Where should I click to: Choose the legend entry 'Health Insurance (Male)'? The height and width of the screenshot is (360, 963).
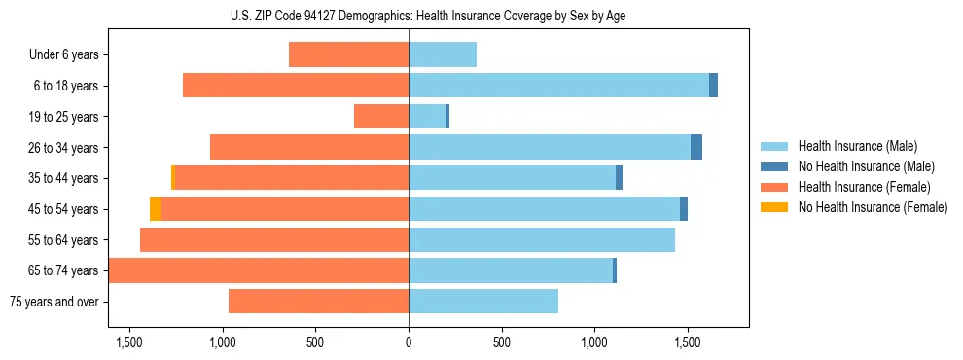[857, 146]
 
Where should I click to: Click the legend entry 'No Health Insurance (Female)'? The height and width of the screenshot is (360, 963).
[873, 207]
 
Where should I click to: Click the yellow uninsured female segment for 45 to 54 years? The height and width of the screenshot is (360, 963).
[155, 209]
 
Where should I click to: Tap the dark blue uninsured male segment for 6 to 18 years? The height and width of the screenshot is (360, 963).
[713, 86]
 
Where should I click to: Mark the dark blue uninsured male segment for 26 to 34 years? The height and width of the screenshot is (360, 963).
[696, 147]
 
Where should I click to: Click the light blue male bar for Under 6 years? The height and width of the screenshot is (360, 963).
[443, 54]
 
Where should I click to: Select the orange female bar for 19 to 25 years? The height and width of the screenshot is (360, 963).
[380, 117]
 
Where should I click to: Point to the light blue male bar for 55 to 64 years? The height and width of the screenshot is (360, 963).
[542, 240]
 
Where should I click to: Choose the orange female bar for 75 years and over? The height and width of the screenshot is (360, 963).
[318, 302]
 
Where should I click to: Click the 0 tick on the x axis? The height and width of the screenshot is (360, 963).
[409, 342]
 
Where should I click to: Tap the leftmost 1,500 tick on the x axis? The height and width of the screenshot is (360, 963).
[128, 342]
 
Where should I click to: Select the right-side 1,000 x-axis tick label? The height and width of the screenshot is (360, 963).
[594, 342]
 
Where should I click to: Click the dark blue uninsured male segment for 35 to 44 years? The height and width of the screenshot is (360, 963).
[620, 178]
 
